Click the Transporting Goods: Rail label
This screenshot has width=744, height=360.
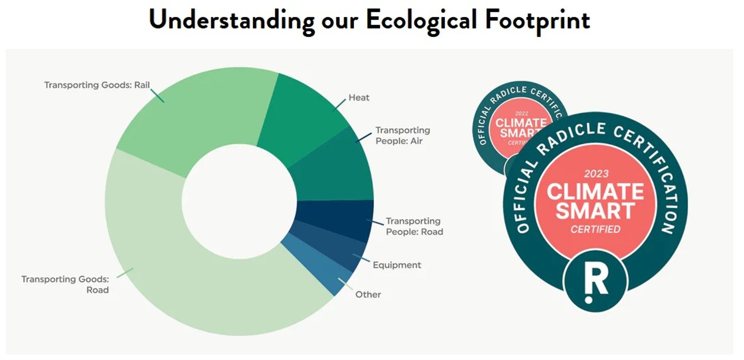pyautogui.click(x=97, y=85)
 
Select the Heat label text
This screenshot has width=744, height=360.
pyautogui.click(x=359, y=98)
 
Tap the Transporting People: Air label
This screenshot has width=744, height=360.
pyautogui.click(x=402, y=135)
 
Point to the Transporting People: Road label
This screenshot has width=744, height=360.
pyautogui.click(x=414, y=226)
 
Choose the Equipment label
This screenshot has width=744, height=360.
pyautogui.click(x=397, y=265)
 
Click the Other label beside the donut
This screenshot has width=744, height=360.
pyautogui.click(x=368, y=294)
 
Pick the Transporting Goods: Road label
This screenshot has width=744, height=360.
pyautogui.click(x=65, y=284)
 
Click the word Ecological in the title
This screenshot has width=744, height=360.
pyautogui.click(x=422, y=21)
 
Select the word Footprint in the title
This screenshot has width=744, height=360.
pyautogui.click(x=538, y=21)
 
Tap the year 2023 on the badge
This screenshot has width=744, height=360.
pyautogui.click(x=596, y=174)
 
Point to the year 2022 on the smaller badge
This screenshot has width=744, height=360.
pyautogui.click(x=521, y=114)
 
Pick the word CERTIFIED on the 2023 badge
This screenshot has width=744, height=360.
pyautogui.click(x=596, y=229)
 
